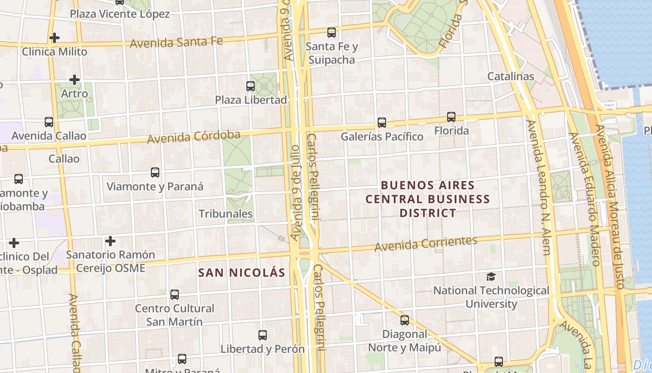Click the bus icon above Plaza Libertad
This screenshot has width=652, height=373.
coord(251,86)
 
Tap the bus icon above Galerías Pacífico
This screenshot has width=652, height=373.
coord(382,123)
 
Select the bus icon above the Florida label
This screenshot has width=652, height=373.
coord(451,117)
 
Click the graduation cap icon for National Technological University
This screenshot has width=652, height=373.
coord(491,277)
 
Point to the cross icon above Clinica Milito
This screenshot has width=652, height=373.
coord(54,38)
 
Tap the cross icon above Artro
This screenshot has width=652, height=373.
coord(75,80)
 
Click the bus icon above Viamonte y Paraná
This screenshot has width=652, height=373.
coord(155,173)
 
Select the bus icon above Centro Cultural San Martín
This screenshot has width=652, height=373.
coord(175,295)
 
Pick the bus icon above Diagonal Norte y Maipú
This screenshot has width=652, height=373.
coord(405,320)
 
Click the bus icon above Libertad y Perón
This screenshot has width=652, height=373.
coord(263,335)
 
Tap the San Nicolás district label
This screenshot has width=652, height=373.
coord(242,273)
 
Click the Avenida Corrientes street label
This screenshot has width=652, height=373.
coord(426,244)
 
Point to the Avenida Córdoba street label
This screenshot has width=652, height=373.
coord(194,137)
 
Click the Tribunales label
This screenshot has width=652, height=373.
coord(226,214)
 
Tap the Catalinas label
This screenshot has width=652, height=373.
coord(511,76)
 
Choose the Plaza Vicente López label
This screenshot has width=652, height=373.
coord(120,14)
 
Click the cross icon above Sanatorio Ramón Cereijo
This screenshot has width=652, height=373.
coord(110,241)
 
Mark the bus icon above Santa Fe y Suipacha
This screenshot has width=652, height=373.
coord(332,33)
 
